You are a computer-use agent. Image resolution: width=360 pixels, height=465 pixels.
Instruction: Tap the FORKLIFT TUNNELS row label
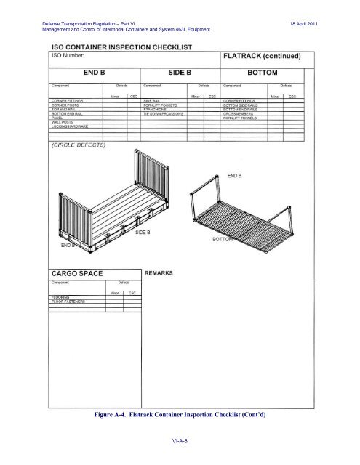point(248,118)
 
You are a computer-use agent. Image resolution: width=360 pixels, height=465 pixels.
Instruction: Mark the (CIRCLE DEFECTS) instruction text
point(79,145)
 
